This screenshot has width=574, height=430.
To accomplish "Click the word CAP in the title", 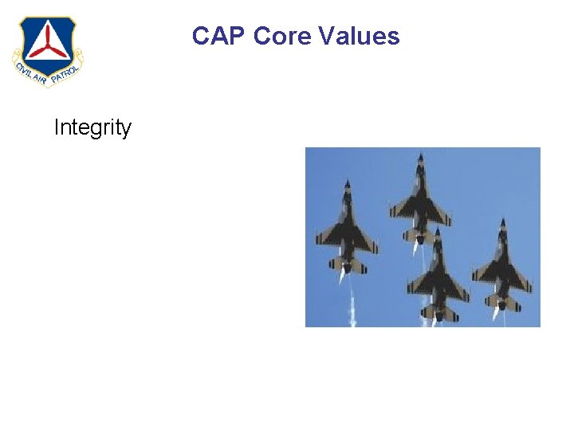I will pyautogui.click(x=219, y=36).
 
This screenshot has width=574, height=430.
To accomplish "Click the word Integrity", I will pyautogui.click(x=92, y=127).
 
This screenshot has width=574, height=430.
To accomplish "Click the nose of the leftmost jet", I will pyautogui.click(x=346, y=185).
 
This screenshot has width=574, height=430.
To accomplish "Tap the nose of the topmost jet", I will pyautogui.click(x=420, y=156).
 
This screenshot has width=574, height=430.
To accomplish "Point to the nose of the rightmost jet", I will pyautogui.click(x=502, y=221).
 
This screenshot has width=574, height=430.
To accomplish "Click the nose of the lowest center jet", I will pyautogui.click(x=436, y=231).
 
